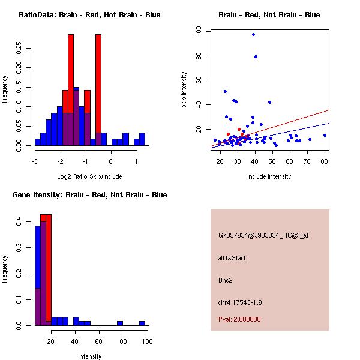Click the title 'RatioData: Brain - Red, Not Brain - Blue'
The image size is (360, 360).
[x=89, y=15]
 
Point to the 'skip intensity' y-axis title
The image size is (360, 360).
[x=184, y=90]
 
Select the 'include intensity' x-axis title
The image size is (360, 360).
[x=269, y=176]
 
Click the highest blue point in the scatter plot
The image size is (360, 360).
[x=253, y=34]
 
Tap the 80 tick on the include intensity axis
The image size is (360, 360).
[x=325, y=161]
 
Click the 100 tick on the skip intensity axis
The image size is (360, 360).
[x=206, y=31]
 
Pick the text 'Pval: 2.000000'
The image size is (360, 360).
[x=239, y=319]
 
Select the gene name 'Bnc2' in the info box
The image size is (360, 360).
[x=226, y=280]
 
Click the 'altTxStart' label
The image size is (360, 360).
[x=232, y=258]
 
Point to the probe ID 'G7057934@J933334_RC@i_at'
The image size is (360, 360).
[x=263, y=236]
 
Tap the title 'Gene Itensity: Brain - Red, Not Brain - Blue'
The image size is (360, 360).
[x=89, y=195]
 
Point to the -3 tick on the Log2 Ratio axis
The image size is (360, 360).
[x=35, y=161]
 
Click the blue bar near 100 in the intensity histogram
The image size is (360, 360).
[x=142, y=323]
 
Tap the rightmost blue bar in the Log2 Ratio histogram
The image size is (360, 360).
[x=142, y=139]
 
